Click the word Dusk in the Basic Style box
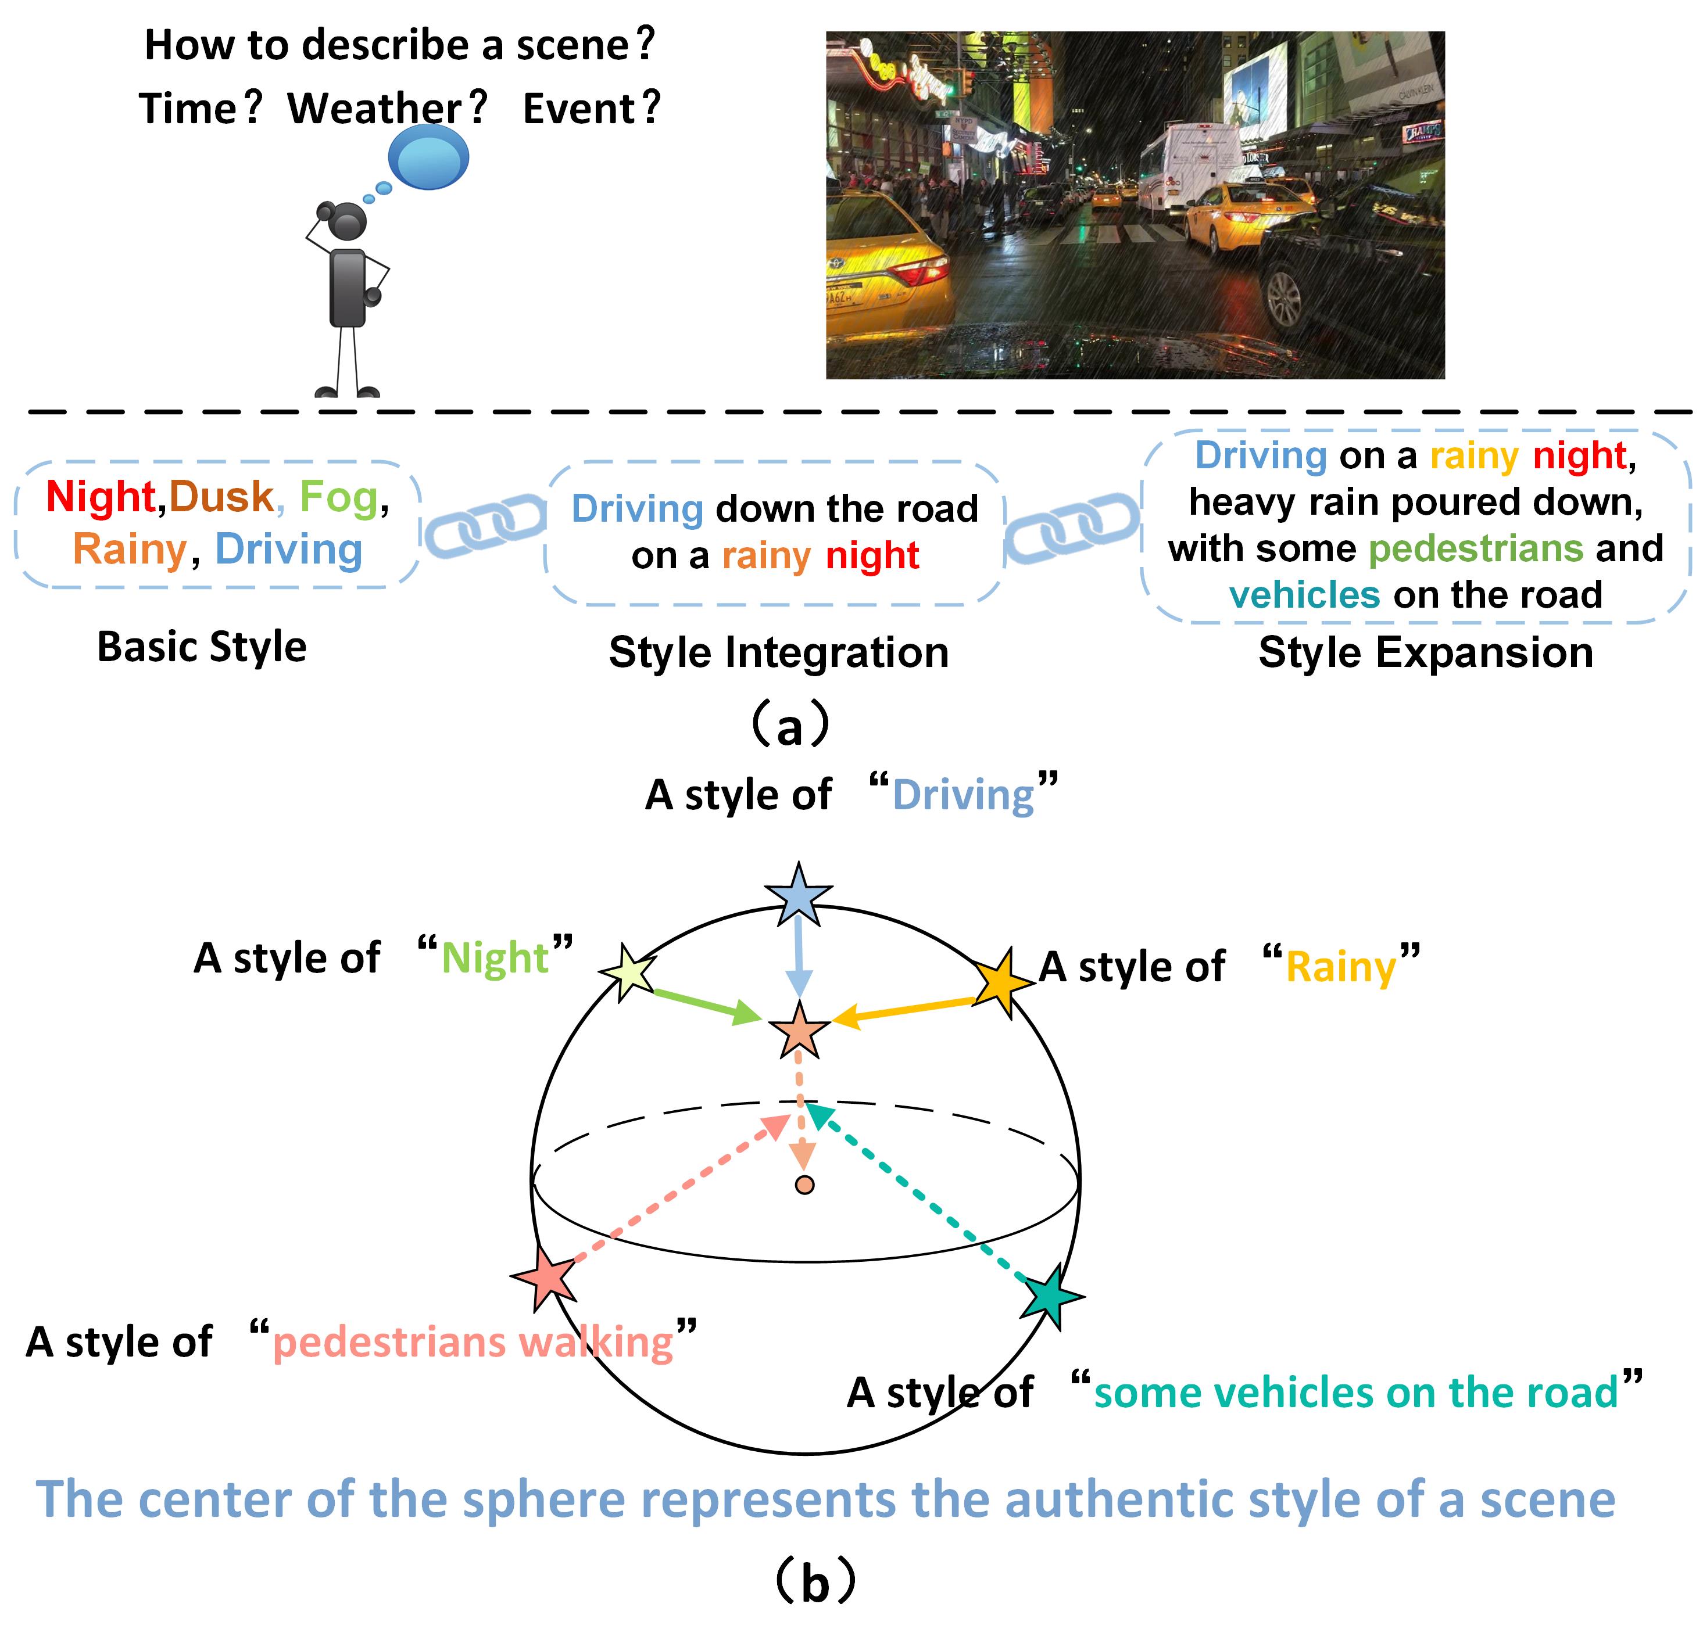(x=221, y=497)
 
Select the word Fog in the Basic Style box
(x=339, y=497)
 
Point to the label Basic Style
(x=202, y=647)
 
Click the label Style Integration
(x=778, y=652)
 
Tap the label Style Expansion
(x=1426, y=652)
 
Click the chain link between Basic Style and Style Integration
(x=484, y=524)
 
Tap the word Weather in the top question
(x=375, y=109)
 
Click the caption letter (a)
(x=789, y=728)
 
